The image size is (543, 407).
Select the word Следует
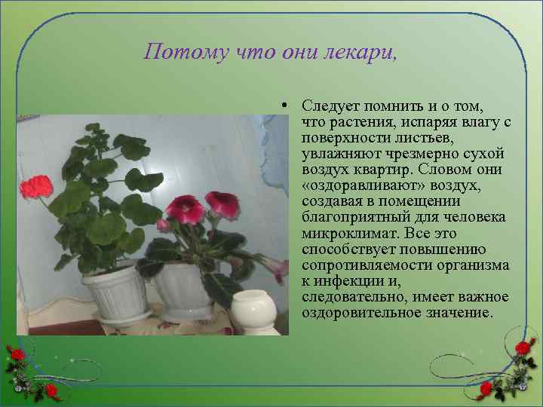pos(329,107)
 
